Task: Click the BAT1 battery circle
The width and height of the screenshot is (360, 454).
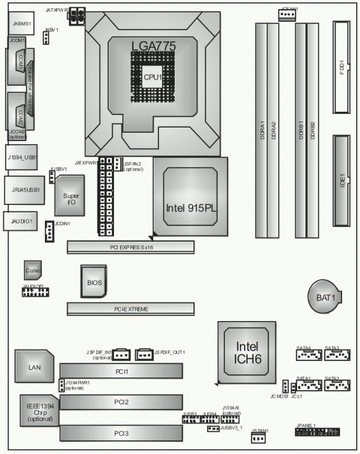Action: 325,297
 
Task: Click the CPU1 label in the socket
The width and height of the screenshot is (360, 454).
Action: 154,77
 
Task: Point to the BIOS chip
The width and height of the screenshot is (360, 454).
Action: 94,282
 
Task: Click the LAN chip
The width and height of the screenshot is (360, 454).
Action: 34,367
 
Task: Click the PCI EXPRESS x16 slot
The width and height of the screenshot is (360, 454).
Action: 130,245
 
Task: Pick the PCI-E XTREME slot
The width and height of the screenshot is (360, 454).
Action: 130,308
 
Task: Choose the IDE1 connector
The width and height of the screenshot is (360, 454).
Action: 342,181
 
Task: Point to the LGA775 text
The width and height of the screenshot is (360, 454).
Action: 153,46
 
